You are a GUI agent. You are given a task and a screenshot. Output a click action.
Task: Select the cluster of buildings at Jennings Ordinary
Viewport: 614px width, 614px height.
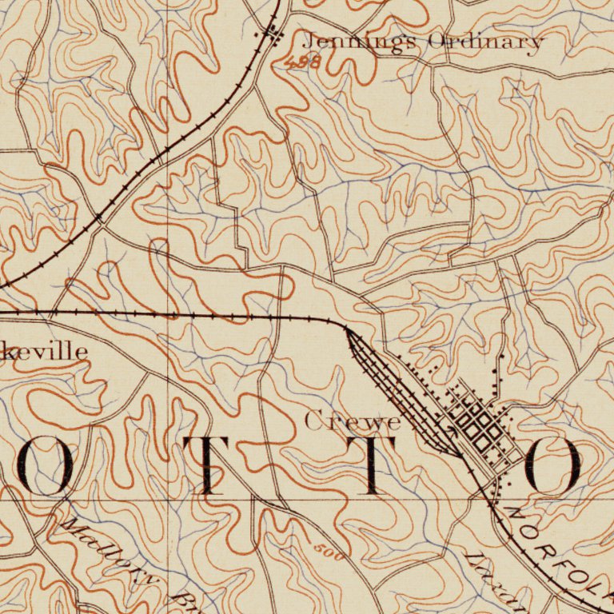click(x=273, y=34)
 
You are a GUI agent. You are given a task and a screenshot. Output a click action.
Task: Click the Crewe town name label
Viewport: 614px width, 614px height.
click(x=353, y=421)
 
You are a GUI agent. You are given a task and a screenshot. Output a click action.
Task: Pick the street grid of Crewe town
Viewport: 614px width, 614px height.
click(x=480, y=424)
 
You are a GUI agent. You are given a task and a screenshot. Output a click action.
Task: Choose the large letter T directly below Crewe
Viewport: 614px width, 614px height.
click(x=371, y=465)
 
